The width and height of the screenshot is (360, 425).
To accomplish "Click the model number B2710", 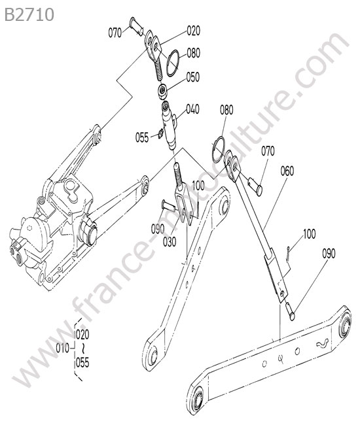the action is pos(29,14).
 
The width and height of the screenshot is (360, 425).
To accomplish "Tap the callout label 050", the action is pos(193,77).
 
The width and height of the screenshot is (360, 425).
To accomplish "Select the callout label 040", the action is pos(192,109).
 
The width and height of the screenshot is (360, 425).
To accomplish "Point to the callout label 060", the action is pos(287,171).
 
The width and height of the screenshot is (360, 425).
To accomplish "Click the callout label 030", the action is pos(170,242).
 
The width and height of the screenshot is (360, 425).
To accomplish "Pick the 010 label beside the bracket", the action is pos(63,348).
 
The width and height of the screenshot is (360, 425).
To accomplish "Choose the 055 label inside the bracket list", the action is pos(82,362).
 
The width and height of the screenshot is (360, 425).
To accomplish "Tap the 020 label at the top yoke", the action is pos(194,31).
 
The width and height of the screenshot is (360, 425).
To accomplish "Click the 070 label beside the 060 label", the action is pos(268,151).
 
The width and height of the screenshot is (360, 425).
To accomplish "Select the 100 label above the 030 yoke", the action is pos(198,186).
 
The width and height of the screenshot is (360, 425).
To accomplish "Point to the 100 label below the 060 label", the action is pos(309,234).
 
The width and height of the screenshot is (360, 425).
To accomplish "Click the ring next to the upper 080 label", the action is pos(172,63).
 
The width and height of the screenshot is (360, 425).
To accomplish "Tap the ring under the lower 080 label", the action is pos(218,150).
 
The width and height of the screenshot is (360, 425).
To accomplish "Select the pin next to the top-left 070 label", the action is pos(137,27).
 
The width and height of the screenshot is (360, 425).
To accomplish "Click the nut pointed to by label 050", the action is pos(162,92).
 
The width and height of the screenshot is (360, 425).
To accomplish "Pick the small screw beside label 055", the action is pos(160,133).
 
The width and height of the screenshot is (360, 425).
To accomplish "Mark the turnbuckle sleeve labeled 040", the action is pos(170,126).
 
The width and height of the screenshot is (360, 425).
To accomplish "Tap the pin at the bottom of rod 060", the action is pos(290,312).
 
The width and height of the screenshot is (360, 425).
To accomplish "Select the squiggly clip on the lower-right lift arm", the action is pos(323,343).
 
